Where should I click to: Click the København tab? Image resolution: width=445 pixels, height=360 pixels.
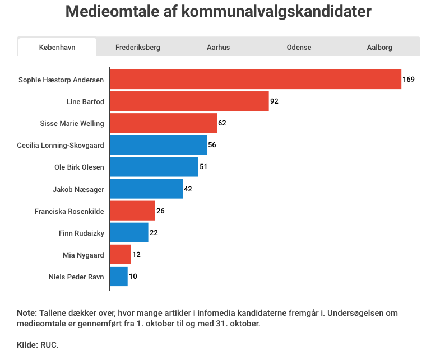(x=57, y=48)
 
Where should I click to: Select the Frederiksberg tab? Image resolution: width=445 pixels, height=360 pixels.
(x=138, y=48)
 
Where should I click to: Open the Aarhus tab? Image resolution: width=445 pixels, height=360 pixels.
(x=218, y=48)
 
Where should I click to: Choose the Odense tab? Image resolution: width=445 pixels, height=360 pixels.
(x=299, y=48)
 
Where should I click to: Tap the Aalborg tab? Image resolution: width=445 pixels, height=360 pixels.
(x=379, y=48)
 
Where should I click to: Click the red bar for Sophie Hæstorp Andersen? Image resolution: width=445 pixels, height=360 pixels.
(x=256, y=80)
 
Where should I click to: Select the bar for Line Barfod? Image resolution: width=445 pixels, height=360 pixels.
(x=189, y=101)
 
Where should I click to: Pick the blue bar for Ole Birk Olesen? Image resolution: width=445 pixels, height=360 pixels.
(x=154, y=167)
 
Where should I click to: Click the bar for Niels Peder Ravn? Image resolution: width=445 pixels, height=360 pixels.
(x=119, y=276)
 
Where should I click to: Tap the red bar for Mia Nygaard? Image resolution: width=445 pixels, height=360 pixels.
(x=120, y=255)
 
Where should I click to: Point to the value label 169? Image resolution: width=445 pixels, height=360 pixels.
(x=409, y=80)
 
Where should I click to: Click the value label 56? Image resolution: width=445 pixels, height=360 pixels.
(x=212, y=145)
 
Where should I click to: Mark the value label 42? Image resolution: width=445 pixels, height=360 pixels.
(x=188, y=189)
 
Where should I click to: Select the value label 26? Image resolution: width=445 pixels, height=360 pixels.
(x=160, y=211)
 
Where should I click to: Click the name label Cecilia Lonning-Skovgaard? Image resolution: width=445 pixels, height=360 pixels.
(x=61, y=145)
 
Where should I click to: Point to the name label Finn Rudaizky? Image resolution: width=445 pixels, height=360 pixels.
(x=81, y=233)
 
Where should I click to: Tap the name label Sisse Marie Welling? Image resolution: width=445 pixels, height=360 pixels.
(x=72, y=123)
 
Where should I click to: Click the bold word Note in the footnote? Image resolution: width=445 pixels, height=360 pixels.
(x=26, y=313)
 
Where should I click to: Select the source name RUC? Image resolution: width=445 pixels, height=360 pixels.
(x=49, y=345)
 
